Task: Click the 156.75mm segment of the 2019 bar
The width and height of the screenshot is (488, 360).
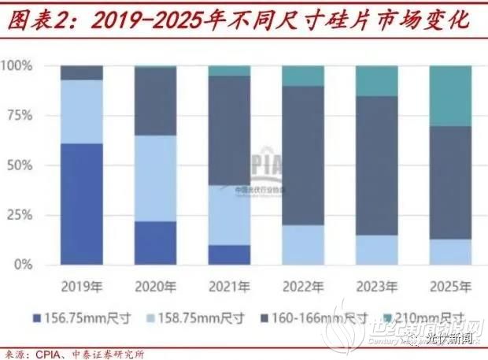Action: click(x=81, y=204)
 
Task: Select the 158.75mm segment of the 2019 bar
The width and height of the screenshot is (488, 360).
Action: click(x=81, y=112)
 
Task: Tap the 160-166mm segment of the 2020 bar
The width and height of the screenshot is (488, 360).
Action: click(x=155, y=101)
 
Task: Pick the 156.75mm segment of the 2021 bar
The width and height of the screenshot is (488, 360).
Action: click(x=229, y=254)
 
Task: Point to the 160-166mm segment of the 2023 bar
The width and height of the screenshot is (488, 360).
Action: click(x=376, y=165)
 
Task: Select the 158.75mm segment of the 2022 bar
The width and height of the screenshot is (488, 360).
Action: click(x=303, y=245)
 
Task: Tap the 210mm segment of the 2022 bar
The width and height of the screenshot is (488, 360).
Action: click(x=303, y=76)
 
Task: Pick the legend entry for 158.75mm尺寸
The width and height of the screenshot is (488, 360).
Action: click(x=193, y=317)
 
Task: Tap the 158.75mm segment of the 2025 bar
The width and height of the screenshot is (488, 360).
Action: click(x=449, y=252)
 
